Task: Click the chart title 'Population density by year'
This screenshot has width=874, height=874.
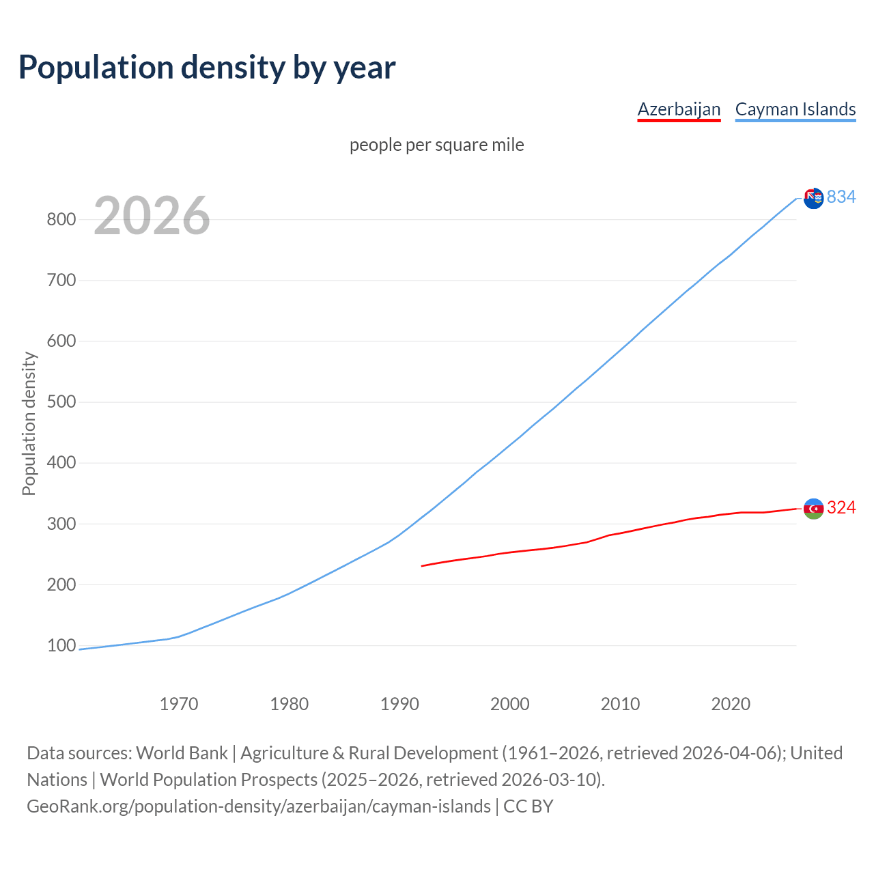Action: [207, 68]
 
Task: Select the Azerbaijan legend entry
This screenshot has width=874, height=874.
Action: [679, 109]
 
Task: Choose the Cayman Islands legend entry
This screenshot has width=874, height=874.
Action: [795, 109]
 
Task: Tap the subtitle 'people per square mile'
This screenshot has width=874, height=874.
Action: [436, 145]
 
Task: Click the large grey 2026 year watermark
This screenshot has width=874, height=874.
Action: [152, 216]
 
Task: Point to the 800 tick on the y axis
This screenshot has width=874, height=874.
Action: [61, 219]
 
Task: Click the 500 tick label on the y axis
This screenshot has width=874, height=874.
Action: [61, 401]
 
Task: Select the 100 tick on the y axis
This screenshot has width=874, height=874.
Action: [61, 645]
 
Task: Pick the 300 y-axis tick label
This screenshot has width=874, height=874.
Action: [61, 524]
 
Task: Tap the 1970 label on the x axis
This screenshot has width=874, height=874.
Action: [179, 704]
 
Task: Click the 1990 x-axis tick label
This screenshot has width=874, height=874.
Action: [399, 704]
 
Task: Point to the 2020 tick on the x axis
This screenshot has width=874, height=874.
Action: [731, 704]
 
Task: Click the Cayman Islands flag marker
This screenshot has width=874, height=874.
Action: [813, 199]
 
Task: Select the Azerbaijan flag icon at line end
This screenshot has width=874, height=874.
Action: [813, 509]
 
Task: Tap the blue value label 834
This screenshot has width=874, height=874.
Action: [841, 197]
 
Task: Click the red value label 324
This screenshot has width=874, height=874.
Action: [841, 507]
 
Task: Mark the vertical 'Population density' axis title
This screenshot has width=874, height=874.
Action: [29, 423]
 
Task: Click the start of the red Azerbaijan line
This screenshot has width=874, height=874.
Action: [423, 565]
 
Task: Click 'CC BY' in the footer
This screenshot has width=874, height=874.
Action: [528, 806]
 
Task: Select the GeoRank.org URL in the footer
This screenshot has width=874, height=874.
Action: [258, 806]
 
